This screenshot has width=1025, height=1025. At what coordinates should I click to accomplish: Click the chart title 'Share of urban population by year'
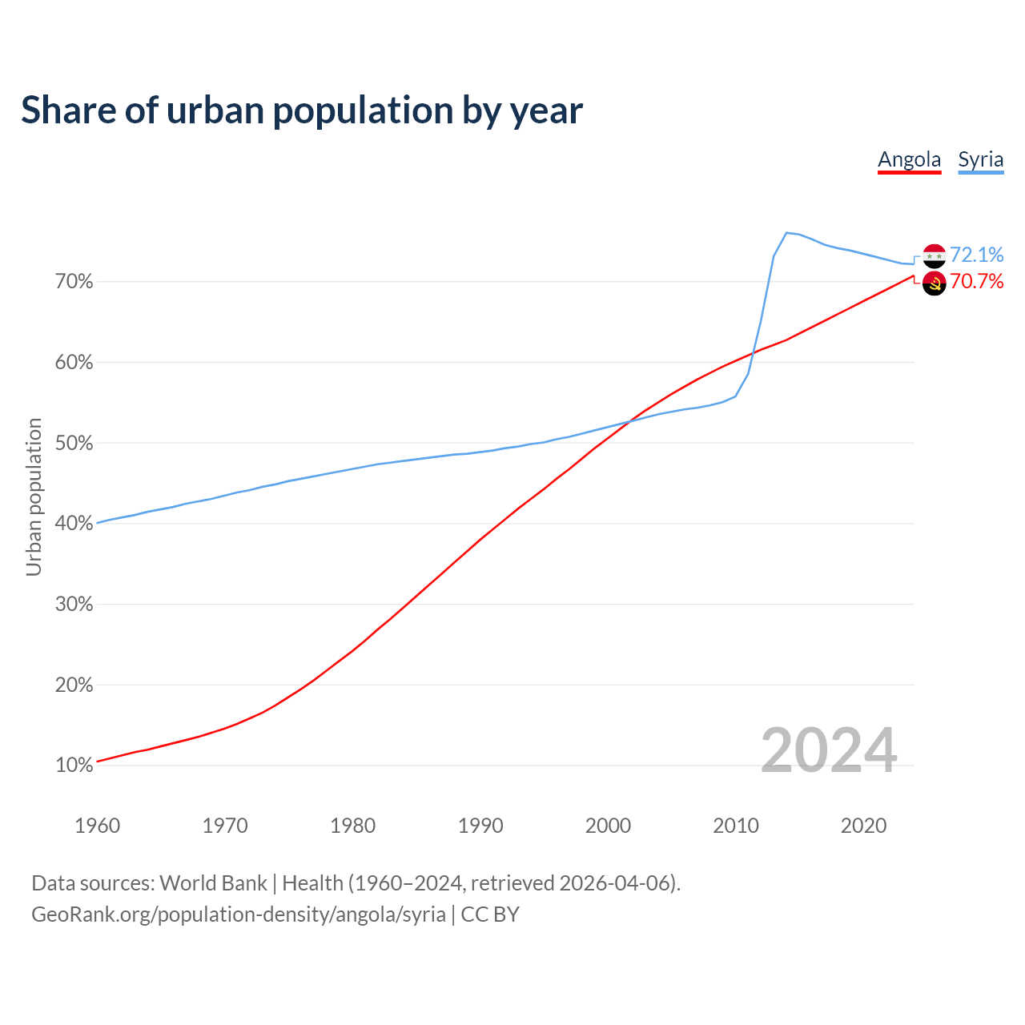pos(302,111)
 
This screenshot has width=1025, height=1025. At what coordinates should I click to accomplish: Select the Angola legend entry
pos(909,159)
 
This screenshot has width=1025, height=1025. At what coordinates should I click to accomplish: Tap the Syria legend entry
pos(980,159)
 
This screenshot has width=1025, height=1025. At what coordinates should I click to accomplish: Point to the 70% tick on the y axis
pos(74,282)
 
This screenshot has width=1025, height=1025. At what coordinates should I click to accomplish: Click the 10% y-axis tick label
pos(74,766)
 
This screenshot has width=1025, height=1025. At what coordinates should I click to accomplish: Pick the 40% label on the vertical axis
pos(74,524)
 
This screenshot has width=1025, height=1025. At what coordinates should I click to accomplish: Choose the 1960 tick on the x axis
pos(98,826)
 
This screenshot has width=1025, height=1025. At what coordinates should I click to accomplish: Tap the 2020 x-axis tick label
pos(863,826)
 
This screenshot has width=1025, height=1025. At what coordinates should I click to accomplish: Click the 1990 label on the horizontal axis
pos(480,826)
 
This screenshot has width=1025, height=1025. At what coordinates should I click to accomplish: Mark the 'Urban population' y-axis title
pos(34,496)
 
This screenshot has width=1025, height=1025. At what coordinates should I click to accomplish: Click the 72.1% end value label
pos(976,255)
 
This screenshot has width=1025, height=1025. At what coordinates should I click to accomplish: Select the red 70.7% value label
pos(976,281)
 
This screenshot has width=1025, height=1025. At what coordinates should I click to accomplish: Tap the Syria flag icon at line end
pos(935,256)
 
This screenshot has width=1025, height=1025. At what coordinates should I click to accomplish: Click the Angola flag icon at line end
pos(935,283)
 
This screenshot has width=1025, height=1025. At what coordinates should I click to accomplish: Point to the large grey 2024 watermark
pos(829,750)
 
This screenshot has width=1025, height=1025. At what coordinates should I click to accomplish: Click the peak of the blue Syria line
pos(786,233)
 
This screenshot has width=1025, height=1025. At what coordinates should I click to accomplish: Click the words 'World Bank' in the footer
pos(213,883)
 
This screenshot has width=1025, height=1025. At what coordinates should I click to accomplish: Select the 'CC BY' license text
pos(490,914)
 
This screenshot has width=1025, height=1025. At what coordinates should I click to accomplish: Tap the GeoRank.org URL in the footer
pos(239,914)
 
